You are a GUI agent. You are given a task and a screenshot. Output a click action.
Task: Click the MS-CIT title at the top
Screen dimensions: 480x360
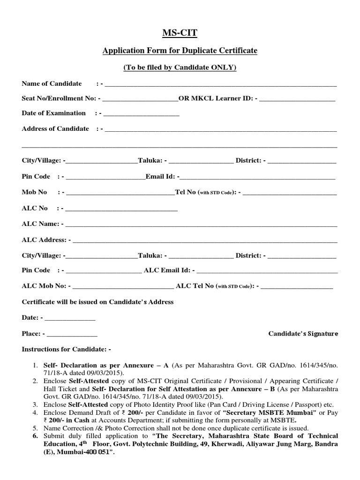(x=180, y=32)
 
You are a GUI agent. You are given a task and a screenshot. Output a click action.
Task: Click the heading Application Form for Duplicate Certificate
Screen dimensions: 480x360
(x=180, y=50)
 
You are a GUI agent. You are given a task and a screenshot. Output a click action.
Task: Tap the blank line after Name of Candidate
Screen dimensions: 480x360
(x=221, y=85)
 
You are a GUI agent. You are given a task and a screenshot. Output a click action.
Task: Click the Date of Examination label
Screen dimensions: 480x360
(x=54, y=113)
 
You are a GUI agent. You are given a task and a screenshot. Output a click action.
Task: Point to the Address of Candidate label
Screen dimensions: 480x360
(x=55, y=128)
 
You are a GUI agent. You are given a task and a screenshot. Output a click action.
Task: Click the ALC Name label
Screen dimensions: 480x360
(x=40, y=224)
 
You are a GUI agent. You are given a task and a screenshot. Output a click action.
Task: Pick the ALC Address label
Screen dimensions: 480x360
(x=43, y=240)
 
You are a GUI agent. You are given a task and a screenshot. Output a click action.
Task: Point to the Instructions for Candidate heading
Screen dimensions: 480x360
(x=67, y=350)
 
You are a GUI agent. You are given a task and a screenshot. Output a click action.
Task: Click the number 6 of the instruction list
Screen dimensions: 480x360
(x=34, y=435)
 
